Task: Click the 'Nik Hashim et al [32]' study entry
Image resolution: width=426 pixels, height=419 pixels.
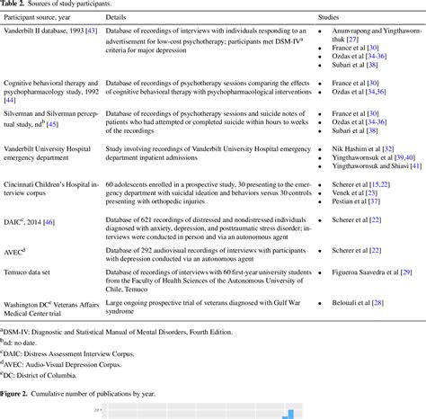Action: pos(354,147)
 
